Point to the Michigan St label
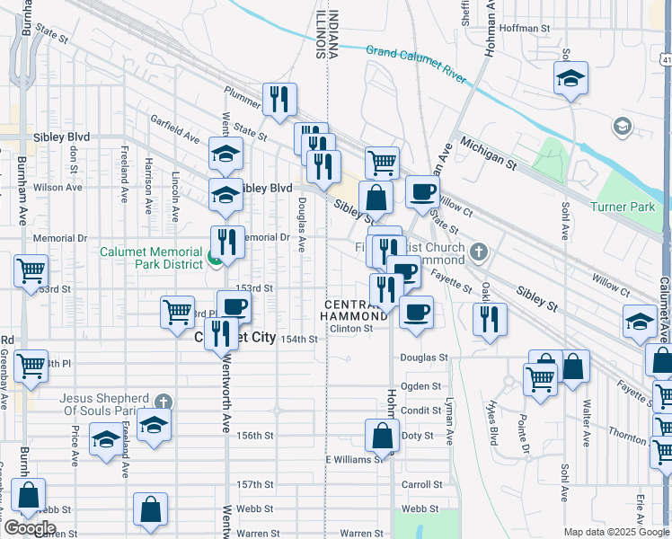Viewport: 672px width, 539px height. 489,154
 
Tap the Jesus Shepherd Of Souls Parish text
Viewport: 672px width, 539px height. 103,404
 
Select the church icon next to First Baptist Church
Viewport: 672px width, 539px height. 479,252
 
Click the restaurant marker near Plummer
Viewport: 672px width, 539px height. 279,99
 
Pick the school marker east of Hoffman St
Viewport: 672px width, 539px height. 570,78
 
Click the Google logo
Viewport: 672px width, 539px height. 30,528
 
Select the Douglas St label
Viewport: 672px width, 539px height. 424,358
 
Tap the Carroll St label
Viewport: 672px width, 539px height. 424,484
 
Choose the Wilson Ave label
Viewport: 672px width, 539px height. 57,187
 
